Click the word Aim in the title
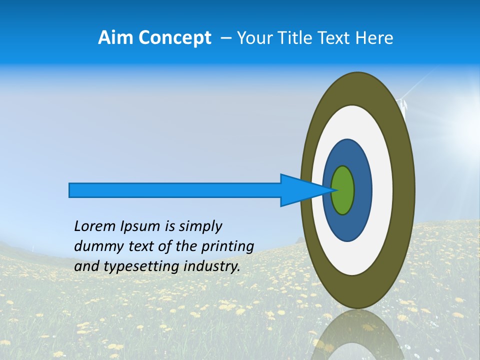click(115, 38)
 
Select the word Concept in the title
click(174, 38)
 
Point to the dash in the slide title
click(225, 38)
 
